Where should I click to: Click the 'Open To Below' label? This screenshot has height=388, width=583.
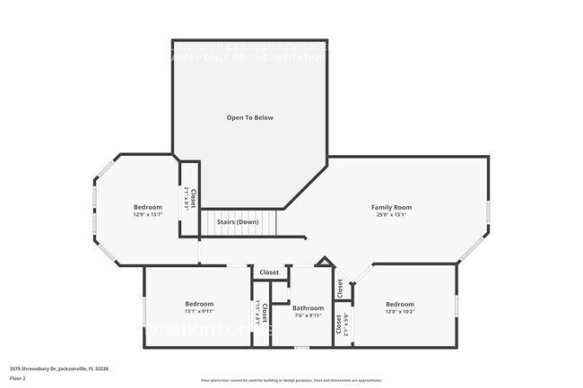click(249, 117)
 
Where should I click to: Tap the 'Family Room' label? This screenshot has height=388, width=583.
click(391, 207)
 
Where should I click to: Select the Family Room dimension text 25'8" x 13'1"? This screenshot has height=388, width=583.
click(391, 215)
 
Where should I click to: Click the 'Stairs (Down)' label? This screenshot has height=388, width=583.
click(238, 220)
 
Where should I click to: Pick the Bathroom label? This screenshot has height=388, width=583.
click(308, 307)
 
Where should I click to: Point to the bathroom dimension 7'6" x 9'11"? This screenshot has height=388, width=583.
click(308, 315)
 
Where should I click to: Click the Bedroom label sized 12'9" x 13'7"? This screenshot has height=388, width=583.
click(148, 207)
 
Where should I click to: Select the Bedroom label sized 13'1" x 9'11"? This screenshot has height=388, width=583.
click(199, 303)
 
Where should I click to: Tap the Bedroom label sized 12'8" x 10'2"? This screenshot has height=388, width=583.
click(400, 304)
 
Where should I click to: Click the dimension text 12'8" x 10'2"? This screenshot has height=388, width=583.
click(400, 312)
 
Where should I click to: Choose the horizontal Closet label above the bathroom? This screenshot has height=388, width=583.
click(269, 272)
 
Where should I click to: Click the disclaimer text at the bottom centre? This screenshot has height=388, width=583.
click(291, 380)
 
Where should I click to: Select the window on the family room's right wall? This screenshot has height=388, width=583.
click(488, 211)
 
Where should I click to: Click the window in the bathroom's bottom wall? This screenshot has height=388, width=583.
click(302, 347)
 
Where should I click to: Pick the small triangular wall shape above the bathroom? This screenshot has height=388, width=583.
click(325, 263)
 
